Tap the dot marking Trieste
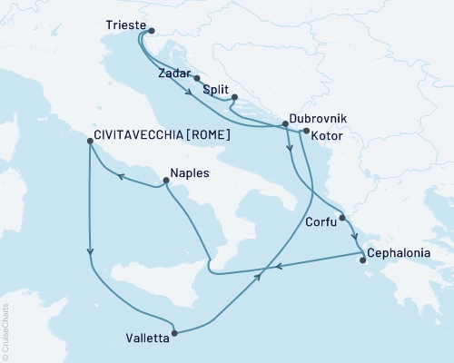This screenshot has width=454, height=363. pos(151,30)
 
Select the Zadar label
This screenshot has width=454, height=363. pos(173,72)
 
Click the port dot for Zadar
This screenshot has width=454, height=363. pos(197,79)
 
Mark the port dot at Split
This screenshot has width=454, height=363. pos(234,97)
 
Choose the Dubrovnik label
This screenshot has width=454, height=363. pos(316,118)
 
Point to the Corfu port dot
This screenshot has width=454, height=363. pos(342,218)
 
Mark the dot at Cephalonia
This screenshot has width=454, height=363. pos(363,261)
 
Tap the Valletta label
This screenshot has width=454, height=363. pos(145,341)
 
